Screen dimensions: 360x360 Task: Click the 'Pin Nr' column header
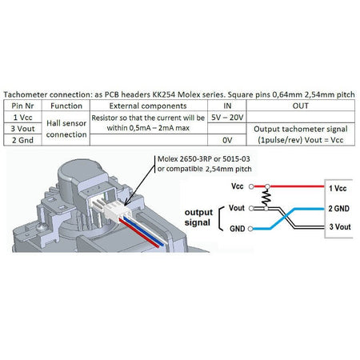click(22, 106)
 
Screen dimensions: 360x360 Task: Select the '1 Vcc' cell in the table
click(22, 118)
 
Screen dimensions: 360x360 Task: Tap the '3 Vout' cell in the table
click(22, 129)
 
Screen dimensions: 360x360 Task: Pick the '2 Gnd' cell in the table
click(22, 140)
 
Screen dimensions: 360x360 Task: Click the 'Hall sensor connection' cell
click(66, 129)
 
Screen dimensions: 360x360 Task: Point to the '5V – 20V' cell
click(227, 118)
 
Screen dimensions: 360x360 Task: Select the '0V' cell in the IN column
click(227, 140)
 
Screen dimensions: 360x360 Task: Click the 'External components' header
click(148, 106)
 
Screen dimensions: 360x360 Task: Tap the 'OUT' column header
click(301, 106)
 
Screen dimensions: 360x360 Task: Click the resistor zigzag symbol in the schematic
click(266, 198)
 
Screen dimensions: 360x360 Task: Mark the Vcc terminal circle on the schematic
click(251, 186)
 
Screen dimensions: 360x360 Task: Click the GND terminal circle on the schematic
click(250, 229)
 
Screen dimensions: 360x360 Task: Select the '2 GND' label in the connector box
click(338, 209)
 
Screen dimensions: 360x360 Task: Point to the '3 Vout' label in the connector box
click(340, 227)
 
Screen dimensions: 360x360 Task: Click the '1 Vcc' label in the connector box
click(338, 189)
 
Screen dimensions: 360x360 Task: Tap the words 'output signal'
click(198, 218)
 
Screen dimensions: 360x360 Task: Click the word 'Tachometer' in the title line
click(26, 94)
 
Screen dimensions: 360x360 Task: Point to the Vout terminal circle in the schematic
click(251, 208)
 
